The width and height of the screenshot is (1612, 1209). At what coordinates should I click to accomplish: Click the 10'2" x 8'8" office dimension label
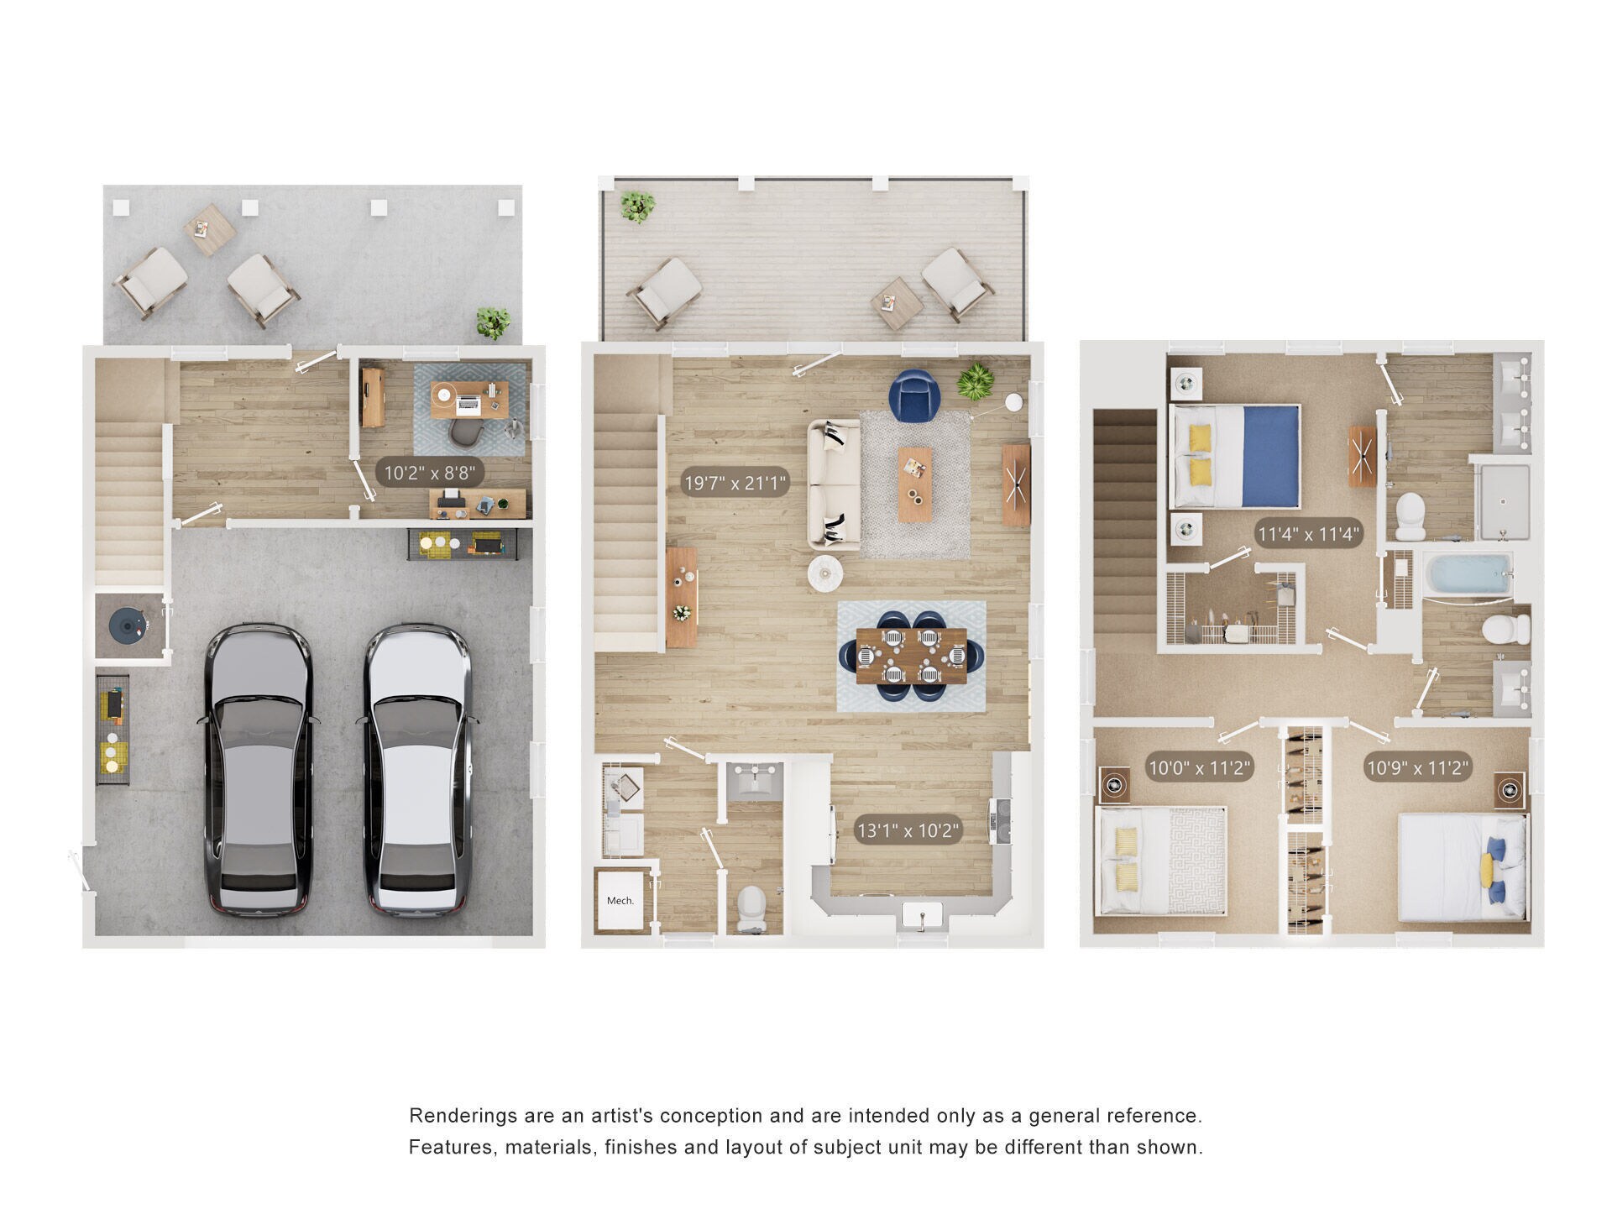tap(434, 473)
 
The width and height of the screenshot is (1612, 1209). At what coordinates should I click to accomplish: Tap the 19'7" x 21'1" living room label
tap(735, 483)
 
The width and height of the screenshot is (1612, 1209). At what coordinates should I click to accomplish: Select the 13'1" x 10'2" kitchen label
tap(908, 831)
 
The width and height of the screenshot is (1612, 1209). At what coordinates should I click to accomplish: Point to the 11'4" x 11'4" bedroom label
tap(1308, 533)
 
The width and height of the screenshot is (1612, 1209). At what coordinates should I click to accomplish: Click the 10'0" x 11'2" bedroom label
tap(1200, 767)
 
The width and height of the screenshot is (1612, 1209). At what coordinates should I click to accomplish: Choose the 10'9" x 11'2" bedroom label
tap(1417, 767)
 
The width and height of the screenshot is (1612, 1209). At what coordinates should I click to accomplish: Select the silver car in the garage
tap(417, 768)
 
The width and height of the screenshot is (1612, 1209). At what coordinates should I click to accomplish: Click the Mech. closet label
tap(620, 901)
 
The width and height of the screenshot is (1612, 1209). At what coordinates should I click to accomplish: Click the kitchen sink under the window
tap(923, 916)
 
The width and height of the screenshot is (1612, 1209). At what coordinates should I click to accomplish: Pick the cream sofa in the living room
tap(834, 485)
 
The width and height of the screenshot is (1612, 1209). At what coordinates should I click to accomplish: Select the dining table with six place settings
tap(912, 656)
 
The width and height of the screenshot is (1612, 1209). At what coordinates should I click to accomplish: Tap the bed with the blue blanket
tap(1235, 456)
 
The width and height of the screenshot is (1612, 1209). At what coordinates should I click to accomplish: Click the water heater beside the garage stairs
tap(128, 625)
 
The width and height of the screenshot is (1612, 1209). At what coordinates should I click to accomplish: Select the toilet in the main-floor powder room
tap(751, 908)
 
